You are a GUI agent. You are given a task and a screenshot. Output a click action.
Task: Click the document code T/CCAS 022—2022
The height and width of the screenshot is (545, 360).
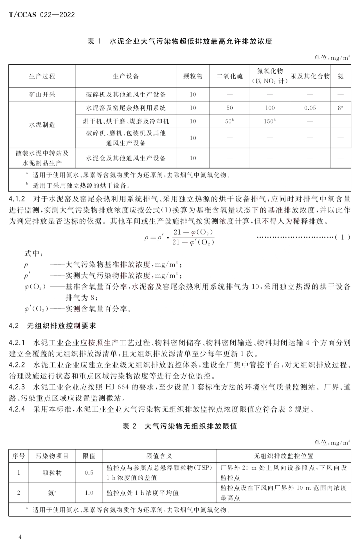pos(42,15)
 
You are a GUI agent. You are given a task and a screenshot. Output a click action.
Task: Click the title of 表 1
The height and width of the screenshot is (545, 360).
pos(180,41)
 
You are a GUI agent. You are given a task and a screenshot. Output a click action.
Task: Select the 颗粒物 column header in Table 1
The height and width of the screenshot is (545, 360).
pos(193,76)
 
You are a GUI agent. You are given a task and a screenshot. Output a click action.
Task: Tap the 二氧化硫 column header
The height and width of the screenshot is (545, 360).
pos(230,76)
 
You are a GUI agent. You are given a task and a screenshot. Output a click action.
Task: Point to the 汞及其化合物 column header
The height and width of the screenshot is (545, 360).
pos(310,76)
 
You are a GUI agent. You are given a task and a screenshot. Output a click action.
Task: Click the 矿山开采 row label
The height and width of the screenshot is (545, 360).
pos(42,95)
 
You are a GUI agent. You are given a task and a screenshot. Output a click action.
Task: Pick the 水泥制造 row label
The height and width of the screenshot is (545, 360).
pos(42,125)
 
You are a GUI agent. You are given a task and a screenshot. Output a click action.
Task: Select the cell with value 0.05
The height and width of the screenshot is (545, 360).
pos(310,108)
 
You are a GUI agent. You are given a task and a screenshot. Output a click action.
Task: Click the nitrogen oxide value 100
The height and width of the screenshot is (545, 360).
pos(270,108)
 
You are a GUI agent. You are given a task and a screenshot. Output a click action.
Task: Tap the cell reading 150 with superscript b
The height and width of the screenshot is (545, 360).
pos(270,121)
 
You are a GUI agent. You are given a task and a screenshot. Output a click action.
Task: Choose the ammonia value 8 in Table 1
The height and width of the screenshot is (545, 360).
pos(340,108)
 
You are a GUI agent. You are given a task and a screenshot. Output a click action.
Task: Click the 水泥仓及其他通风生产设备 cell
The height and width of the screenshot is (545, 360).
pos(126,158)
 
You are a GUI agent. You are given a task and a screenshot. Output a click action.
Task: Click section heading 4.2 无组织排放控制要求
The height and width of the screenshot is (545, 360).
pos(52,326)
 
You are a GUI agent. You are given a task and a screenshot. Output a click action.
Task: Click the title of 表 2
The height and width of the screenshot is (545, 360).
pos(180,426)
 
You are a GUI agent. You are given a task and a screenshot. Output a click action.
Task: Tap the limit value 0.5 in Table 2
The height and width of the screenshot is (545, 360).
pos(89,473)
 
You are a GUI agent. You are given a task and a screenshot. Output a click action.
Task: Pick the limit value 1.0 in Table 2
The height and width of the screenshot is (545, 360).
pos(89,493)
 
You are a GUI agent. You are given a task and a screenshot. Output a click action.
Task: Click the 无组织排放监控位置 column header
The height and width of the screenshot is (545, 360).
pos(283,456)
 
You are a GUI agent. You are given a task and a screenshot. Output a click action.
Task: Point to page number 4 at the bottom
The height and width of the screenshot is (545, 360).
pos(20,537)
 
